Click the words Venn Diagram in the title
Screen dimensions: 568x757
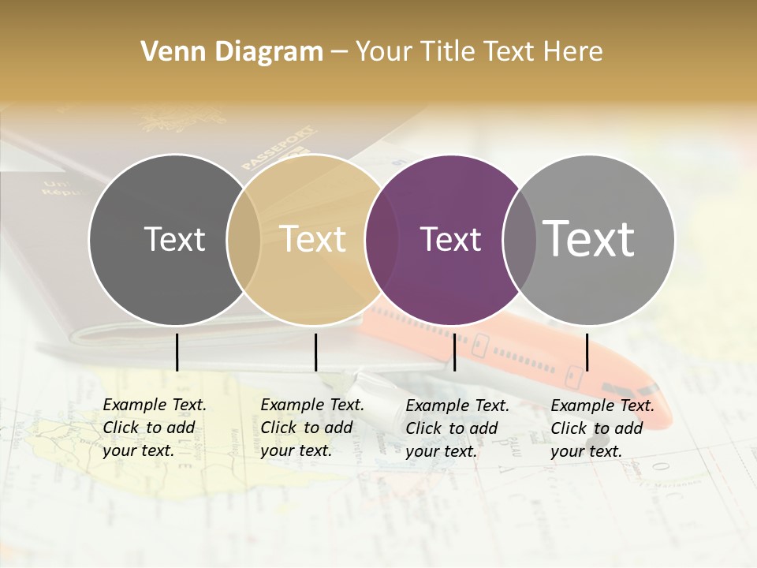pyautogui.click(x=232, y=52)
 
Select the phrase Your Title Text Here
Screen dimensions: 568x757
pyautogui.click(x=479, y=52)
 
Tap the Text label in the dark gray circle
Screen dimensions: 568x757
pyautogui.click(x=174, y=239)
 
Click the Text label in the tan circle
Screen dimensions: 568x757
pyautogui.click(x=313, y=239)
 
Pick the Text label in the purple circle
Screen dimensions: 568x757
pyautogui.click(x=450, y=239)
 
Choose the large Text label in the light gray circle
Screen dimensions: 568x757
pyautogui.click(x=589, y=238)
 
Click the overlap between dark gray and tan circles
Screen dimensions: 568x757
pyautogui.click(x=244, y=239)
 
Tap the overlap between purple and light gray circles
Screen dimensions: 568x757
pyautogui.click(x=519, y=239)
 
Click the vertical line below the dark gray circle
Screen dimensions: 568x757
pyautogui.click(x=177, y=352)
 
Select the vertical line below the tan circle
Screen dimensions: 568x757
pyautogui.click(x=315, y=352)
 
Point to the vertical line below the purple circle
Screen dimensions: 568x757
pyautogui.click(x=454, y=352)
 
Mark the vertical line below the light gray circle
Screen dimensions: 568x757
pyautogui.click(x=587, y=352)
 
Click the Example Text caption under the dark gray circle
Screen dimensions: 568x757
pyautogui.click(x=155, y=428)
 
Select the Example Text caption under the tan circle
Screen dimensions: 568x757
pyautogui.click(x=312, y=428)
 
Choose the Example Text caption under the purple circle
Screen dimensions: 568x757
pyautogui.click(x=457, y=428)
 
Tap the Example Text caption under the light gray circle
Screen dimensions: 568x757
pyautogui.click(x=602, y=428)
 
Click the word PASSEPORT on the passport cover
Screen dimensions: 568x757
pyautogui.click(x=278, y=148)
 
